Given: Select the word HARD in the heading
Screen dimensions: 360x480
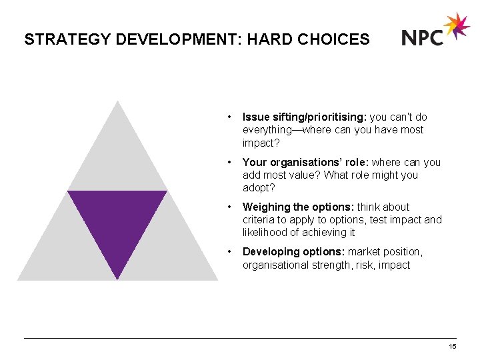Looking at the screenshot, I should tap(267, 39).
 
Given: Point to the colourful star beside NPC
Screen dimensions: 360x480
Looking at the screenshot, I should tap(457, 26).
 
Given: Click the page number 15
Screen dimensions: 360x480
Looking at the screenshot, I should tap(453, 347).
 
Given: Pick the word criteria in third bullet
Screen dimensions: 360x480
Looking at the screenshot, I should tap(257, 220).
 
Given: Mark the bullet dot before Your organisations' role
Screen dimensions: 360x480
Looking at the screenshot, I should tap(229, 162).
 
